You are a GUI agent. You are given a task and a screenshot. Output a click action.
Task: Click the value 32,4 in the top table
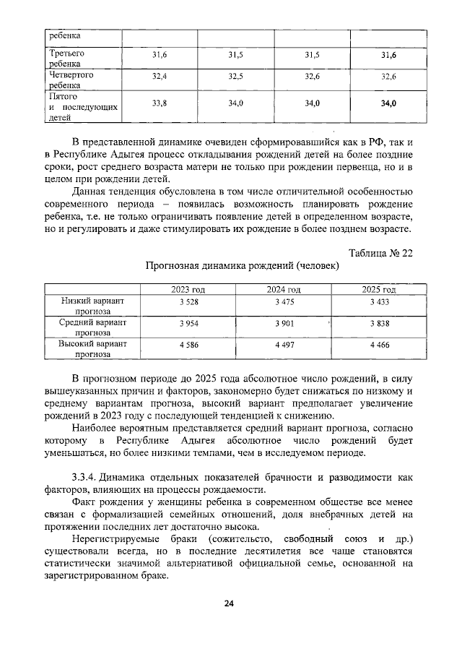click(x=160, y=76)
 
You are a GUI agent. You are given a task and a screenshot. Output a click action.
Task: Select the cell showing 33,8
click(x=160, y=104)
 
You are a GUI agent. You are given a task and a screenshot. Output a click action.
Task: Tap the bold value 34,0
click(x=388, y=104)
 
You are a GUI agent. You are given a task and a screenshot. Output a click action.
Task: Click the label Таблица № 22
click(x=380, y=252)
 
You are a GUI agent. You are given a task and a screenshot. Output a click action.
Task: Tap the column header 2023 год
click(x=188, y=289)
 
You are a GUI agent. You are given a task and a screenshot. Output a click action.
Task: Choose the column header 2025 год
click(x=380, y=289)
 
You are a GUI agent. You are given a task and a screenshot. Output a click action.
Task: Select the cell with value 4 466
click(x=380, y=345)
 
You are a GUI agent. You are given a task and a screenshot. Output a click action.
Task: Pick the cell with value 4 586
click(x=188, y=345)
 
